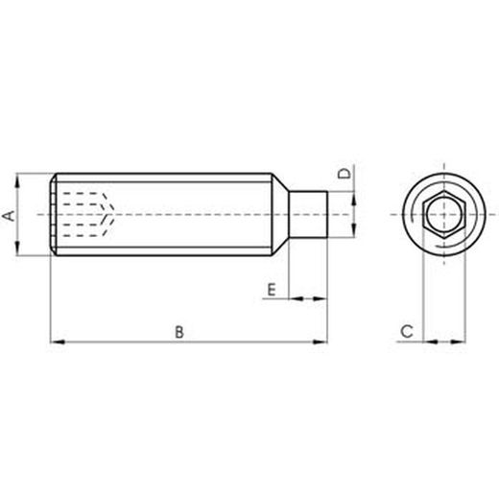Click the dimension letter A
point(9,216)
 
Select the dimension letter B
point(179,332)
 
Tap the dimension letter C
point(407,331)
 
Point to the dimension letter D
point(345,174)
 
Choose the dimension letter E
point(271,290)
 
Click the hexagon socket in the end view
point(443,214)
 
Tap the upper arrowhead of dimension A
point(17,181)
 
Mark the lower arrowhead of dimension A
point(17,249)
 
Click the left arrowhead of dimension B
point(59,342)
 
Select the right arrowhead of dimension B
point(320,342)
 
